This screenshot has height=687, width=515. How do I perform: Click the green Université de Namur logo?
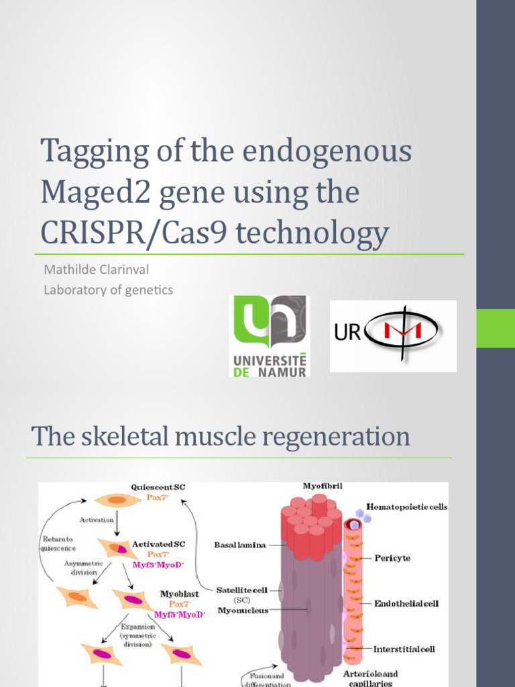[269, 335]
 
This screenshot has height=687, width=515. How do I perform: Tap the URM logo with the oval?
[393, 335]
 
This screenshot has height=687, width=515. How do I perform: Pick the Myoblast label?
[178, 594]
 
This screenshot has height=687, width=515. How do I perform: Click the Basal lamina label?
[240, 545]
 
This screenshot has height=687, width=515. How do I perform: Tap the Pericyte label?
[392, 558]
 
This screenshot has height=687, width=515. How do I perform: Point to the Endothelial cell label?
[406, 603]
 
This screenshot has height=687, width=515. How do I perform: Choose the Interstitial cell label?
[404, 649]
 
